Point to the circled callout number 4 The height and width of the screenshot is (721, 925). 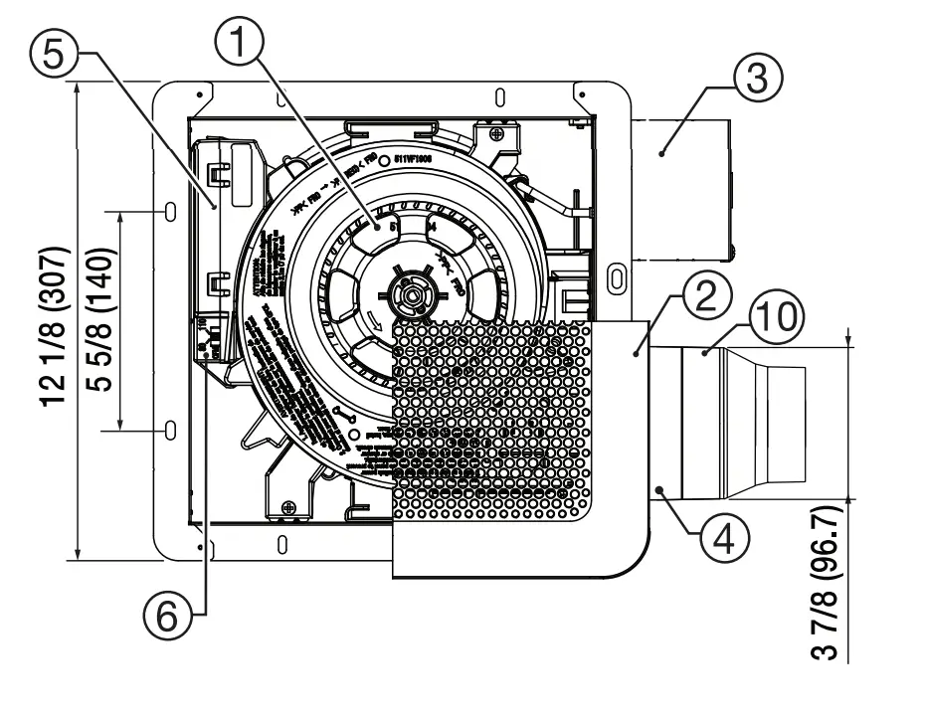click(x=723, y=538)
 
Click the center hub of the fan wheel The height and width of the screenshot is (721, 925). click(x=409, y=295)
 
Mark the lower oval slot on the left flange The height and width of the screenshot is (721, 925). click(x=170, y=430)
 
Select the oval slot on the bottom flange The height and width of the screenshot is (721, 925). click(x=281, y=544)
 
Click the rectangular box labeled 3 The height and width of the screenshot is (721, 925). click(x=682, y=189)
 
